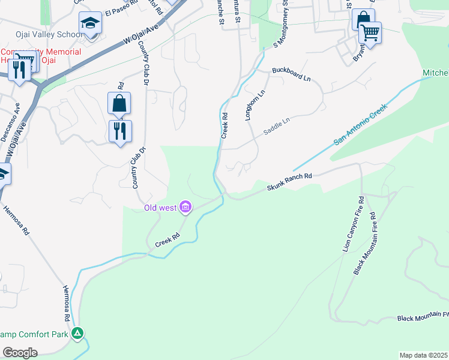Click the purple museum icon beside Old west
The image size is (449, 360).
coord(185,208)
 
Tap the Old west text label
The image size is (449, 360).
coord(160,208)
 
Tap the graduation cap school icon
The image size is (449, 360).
coord(91,23)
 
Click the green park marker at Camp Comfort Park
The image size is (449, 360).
coord(77,332)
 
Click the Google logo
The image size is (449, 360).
coord(20,353)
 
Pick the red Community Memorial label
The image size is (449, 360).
coord(41,52)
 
